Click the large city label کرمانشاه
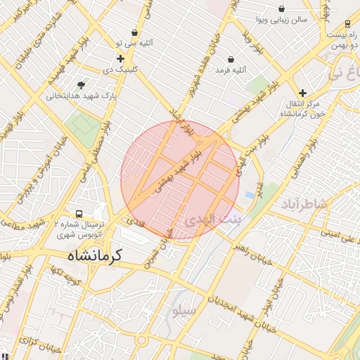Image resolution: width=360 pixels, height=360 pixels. pos(94,255)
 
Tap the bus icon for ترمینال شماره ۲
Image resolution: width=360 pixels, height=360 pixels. pos(79,214)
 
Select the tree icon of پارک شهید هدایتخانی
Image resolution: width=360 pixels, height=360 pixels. pos(83,85)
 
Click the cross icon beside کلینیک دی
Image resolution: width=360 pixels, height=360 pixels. pos(120,59)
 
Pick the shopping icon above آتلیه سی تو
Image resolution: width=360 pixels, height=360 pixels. pos(134,32)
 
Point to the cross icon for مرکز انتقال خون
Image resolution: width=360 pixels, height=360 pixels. pos(302,93)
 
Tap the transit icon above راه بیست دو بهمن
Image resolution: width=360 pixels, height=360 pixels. pos(347,23)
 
